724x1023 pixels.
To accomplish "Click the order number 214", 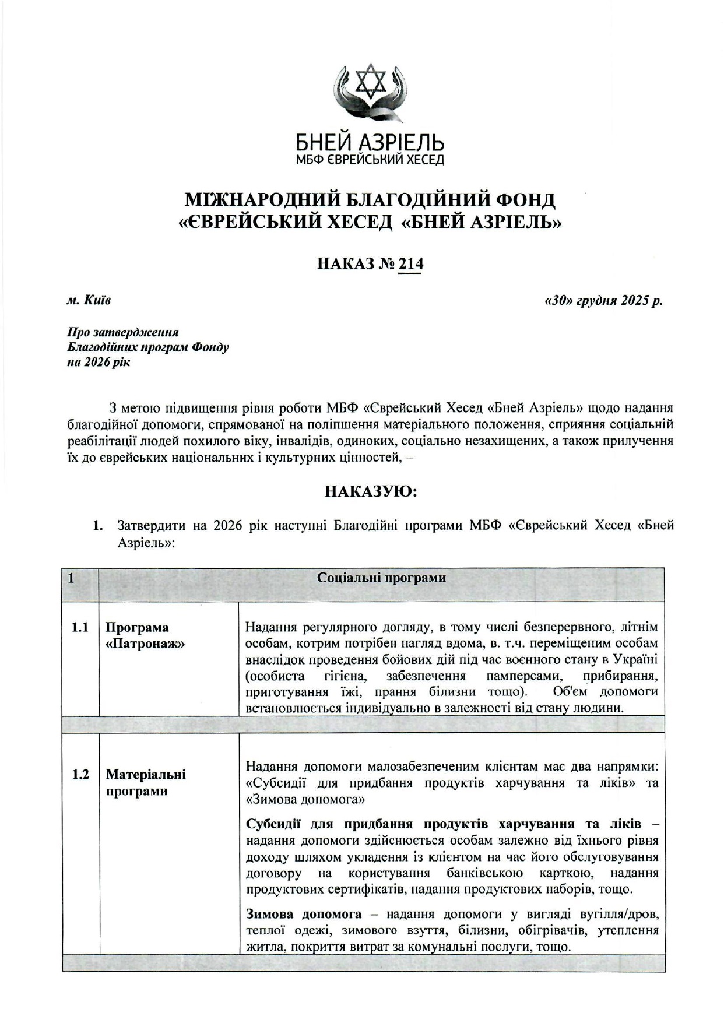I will click(410, 264).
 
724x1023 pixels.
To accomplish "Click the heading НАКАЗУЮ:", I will click(371, 491).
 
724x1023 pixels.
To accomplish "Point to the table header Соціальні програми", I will click(381, 578).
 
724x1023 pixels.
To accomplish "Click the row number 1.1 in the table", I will click(80, 628).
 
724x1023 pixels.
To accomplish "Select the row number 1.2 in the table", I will click(80, 775).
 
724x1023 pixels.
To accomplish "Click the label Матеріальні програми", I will click(146, 783).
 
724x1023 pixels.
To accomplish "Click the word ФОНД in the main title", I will click(524, 200).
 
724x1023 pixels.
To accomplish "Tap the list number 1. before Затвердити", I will click(99, 526).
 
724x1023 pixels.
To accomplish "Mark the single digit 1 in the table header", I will click(71, 579).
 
